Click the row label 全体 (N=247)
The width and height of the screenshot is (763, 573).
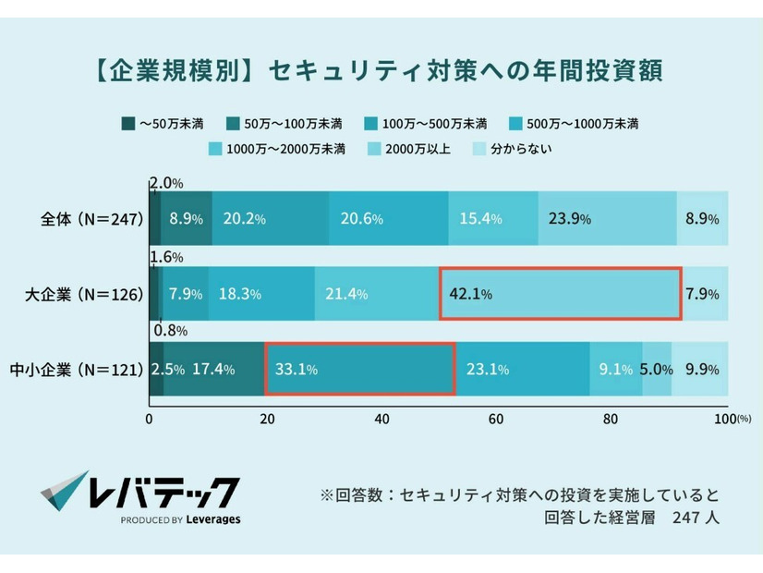coord(90,219)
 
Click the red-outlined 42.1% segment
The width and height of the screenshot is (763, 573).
coord(560,294)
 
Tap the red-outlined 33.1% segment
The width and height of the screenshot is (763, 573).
coord(359,369)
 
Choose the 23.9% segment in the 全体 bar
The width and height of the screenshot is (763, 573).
coord(607,219)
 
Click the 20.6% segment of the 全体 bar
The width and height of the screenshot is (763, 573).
coord(388,219)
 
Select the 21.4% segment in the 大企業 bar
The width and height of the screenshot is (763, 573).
coord(377,294)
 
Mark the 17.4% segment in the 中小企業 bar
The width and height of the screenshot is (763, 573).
coord(214,369)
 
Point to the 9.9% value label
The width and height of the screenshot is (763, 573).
coord(699,370)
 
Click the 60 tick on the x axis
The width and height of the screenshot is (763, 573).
coord(496,419)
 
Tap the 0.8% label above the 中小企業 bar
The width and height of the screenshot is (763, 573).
coord(170,330)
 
